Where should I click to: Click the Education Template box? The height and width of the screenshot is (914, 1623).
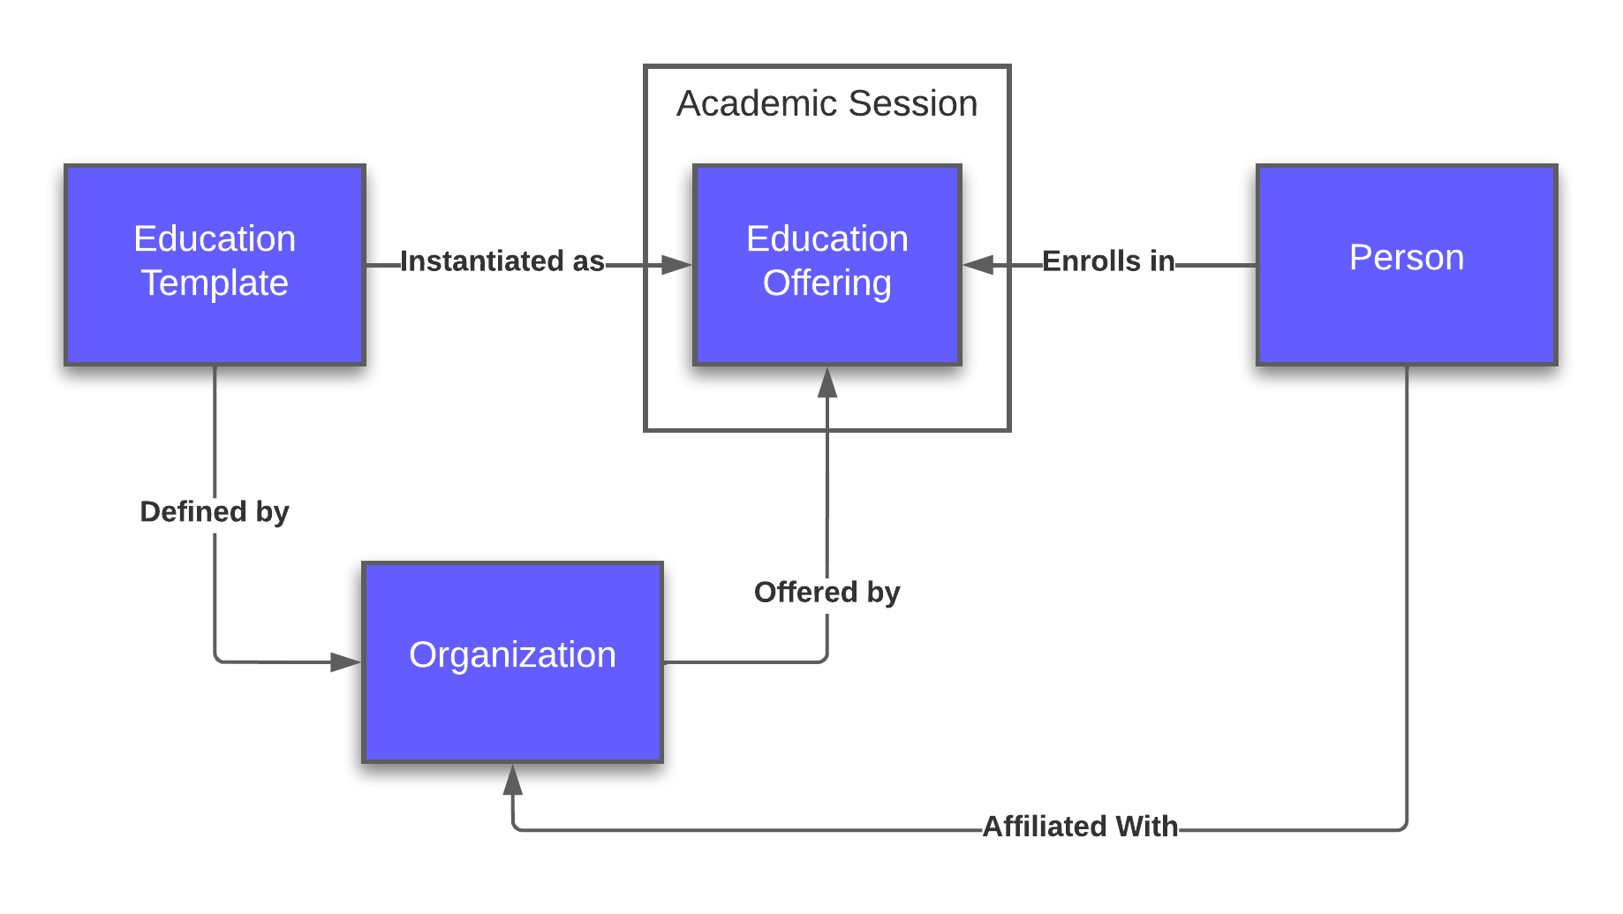[x=215, y=264]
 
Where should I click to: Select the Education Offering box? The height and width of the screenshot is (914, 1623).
[x=827, y=264]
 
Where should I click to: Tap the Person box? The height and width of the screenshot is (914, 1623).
[x=1406, y=264]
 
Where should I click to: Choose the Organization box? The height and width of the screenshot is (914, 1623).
[x=512, y=661]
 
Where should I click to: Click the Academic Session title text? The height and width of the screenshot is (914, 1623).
[x=827, y=104]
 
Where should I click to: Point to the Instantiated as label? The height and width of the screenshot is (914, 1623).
[x=502, y=261]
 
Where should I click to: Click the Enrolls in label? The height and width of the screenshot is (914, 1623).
[x=1108, y=261]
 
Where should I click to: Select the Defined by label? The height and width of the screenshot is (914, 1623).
[x=215, y=512]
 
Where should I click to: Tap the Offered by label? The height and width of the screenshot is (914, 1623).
[x=827, y=593]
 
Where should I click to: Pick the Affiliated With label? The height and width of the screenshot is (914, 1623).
[x=1080, y=827]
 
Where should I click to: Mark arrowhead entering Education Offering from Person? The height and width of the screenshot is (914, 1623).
[x=978, y=264]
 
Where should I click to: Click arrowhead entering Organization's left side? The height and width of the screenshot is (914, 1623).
[x=345, y=661]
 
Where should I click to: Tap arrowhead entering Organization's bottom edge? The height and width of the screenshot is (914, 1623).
[x=512, y=780]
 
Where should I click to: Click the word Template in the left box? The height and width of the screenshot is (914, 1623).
[x=215, y=283]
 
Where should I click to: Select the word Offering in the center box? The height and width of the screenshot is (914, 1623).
[x=827, y=283]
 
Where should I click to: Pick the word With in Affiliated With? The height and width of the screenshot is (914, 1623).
[x=1146, y=827]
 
